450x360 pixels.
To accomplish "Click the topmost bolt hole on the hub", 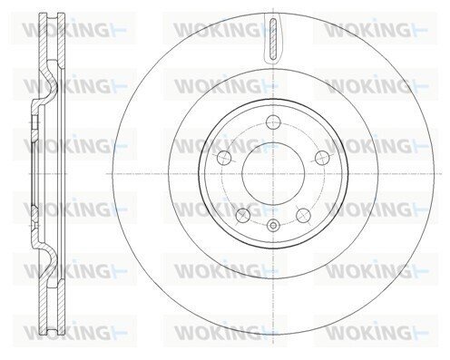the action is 273,122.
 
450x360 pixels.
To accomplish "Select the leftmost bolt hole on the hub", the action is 224,157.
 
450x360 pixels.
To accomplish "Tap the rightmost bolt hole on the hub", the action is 322,158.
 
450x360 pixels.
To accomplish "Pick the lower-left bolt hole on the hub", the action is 243,215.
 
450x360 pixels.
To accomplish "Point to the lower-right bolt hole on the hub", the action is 304,215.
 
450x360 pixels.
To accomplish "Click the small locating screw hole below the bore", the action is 273,225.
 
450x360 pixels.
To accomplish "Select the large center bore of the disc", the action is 273,174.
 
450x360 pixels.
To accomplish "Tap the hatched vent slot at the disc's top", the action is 273,38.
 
